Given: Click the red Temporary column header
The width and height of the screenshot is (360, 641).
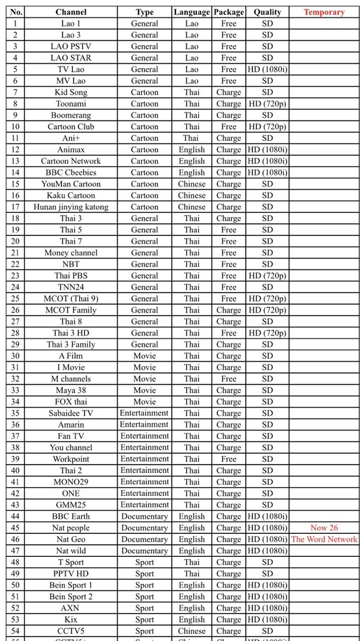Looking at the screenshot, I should click(x=324, y=12).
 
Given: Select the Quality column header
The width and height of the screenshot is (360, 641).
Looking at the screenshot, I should click(x=267, y=12).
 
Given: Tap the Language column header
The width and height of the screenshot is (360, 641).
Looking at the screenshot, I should click(x=191, y=12).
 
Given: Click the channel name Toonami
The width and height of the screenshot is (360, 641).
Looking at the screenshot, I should click(x=71, y=104).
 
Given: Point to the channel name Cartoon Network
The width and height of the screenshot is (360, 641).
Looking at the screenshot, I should click(x=71, y=161).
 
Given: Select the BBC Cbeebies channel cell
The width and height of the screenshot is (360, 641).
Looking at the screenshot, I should click(x=71, y=173).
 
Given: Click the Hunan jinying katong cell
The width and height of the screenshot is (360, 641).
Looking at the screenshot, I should click(x=71, y=207).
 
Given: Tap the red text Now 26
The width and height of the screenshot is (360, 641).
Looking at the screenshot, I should click(x=324, y=528).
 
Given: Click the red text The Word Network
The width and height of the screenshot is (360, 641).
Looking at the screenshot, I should click(x=324, y=539).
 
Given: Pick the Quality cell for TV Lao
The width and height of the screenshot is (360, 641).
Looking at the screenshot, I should click(x=267, y=70).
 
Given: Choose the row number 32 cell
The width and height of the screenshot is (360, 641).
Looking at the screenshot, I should click(x=15, y=379).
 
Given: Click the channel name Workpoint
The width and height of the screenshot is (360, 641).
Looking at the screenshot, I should click(x=71, y=459).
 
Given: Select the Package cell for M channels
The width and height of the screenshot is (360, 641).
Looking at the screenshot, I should click(x=229, y=379).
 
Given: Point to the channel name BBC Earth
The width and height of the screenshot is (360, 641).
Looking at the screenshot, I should click(x=71, y=516).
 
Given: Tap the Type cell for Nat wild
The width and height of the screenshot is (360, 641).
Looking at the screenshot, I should click(x=145, y=551).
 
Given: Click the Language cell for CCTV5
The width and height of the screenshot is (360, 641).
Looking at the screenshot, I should click(x=191, y=631).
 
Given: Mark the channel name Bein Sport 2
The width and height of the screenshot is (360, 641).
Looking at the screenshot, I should click(x=71, y=596).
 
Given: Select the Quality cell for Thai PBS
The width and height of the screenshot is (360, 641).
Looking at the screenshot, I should click(x=267, y=276).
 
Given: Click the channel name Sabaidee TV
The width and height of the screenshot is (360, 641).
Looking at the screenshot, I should click(x=71, y=413).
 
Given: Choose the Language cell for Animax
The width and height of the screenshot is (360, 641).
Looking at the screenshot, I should click(x=191, y=150).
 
